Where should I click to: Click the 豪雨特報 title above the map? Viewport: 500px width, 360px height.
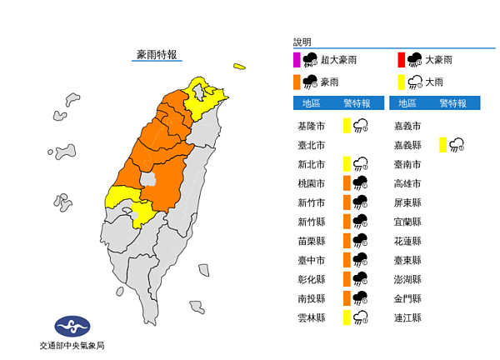click(x=157, y=55)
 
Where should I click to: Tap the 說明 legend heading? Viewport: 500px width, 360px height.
click(x=302, y=42)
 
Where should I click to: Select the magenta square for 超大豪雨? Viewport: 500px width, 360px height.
click(x=297, y=59)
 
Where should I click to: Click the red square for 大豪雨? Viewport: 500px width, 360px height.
click(x=401, y=59)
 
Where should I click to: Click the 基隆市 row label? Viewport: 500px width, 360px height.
click(x=311, y=126)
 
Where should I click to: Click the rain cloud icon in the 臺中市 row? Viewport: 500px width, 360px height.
click(x=362, y=260)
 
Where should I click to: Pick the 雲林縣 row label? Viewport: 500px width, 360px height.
click(x=311, y=317)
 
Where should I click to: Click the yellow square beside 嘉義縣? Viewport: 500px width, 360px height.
click(x=443, y=145)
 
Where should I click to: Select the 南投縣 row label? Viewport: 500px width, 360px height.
click(x=311, y=298)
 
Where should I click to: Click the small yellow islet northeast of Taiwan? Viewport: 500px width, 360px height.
click(x=239, y=66)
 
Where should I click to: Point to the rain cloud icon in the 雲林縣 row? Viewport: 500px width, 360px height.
click(x=362, y=317)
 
